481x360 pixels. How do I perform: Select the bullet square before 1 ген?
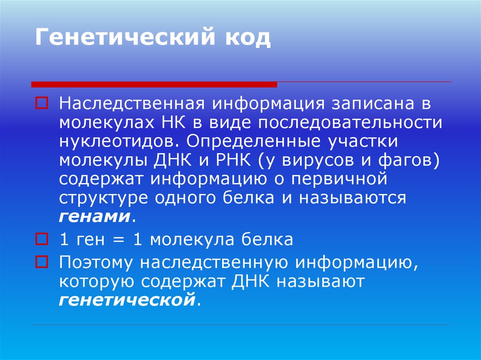pos(40,239)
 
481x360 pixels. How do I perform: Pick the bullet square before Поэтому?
pos(40,260)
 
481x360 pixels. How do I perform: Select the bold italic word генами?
pos(95,217)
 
